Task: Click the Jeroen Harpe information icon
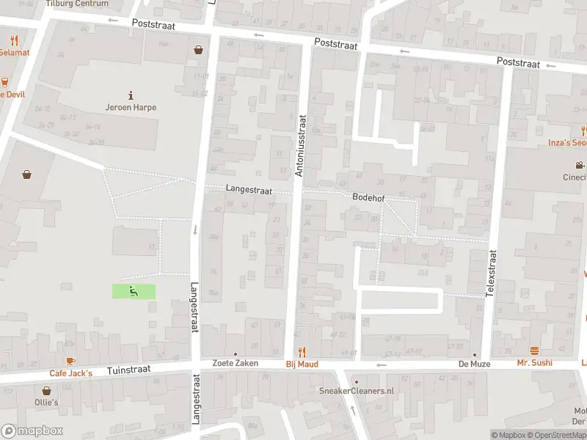pyautogui.click(x=131, y=95)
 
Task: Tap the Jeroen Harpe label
pyautogui.click(x=131, y=107)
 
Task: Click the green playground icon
pyautogui.click(x=134, y=291)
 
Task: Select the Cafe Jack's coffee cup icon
pyautogui.click(x=70, y=361)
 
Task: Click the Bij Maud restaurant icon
pyautogui.click(x=301, y=352)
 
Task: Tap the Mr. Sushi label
pyautogui.click(x=534, y=363)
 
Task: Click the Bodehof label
pyautogui.click(x=368, y=198)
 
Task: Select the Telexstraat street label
pyautogui.click(x=492, y=273)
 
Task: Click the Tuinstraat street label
pyautogui.click(x=128, y=370)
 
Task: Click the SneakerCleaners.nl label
pyautogui.click(x=357, y=391)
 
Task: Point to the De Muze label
pyautogui.click(x=474, y=364)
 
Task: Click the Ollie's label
pyautogui.click(x=45, y=403)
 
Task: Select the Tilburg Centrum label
pyautogui.click(x=76, y=4)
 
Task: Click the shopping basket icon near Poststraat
pyautogui.click(x=198, y=50)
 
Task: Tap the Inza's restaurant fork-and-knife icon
pyautogui.click(x=583, y=131)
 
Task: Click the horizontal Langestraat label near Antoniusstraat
pyautogui.click(x=249, y=189)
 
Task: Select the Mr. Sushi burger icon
pyautogui.click(x=534, y=351)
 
